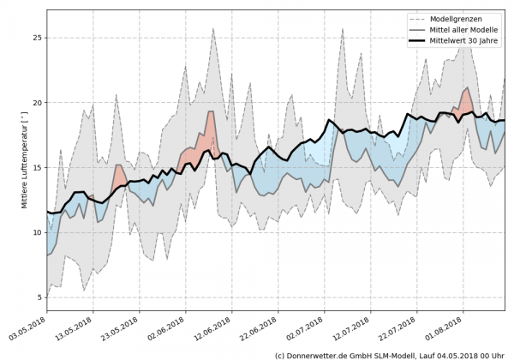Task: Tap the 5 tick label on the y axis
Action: click(x=39, y=297)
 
